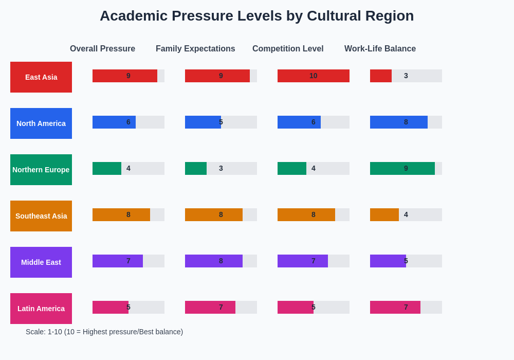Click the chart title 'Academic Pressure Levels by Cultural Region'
click(256, 16)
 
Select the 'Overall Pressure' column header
click(102, 49)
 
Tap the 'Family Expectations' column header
click(195, 49)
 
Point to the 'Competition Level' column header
click(288, 49)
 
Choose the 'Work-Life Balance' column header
click(380, 49)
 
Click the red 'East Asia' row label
click(41, 77)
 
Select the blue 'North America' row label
click(41, 123)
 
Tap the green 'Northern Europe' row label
click(41, 170)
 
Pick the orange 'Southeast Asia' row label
click(41, 216)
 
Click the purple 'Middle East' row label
click(41, 262)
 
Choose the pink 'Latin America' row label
click(41, 309)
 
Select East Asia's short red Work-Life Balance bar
click(380, 76)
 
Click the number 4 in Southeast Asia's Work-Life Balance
click(406, 214)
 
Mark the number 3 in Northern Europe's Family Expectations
click(221, 168)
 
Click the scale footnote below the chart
click(104, 332)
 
